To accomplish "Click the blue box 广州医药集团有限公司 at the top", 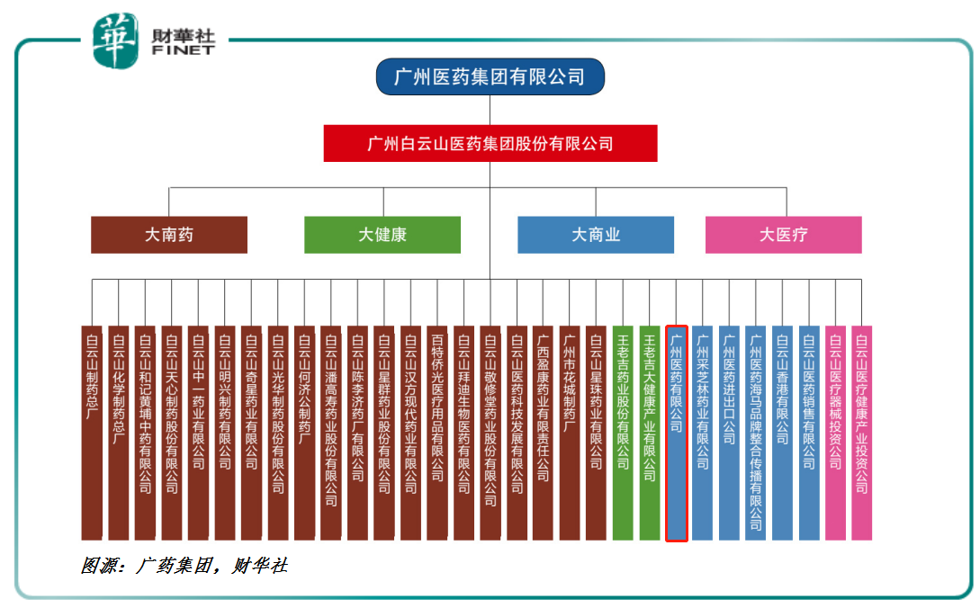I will click(490, 77).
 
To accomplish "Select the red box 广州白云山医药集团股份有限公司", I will click(490, 143).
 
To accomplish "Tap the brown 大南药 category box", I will click(169, 235).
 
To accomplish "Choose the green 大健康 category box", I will click(382, 235).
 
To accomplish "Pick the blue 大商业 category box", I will click(596, 235).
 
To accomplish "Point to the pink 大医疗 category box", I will click(783, 235).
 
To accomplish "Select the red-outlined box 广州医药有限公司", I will click(677, 433).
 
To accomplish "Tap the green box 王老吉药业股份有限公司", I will click(623, 433).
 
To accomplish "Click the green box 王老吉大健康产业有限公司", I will click(650, 433).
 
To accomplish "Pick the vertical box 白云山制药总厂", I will click(92, 433).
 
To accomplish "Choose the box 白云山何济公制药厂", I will click(304, 433).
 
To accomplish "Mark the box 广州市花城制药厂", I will click(570, 433).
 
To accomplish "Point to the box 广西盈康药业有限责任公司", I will click(543, 433).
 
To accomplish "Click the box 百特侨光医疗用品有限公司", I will click(436, 433).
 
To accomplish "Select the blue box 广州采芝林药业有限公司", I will click(703, 433).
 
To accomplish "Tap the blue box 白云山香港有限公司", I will click(783, 433).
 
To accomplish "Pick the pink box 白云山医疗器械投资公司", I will click(836, 433).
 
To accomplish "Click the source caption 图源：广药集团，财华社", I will click(184, 566).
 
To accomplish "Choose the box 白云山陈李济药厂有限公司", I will click(357, 433).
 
